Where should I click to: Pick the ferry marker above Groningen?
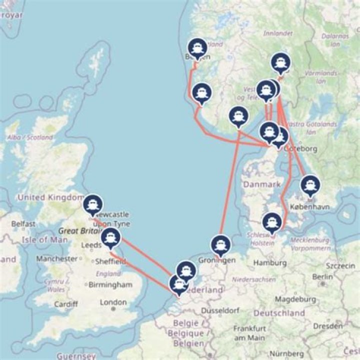click(x=220, y=244)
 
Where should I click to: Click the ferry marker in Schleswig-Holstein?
click(x=271, y=221)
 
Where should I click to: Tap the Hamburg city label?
click(x=269, y=262)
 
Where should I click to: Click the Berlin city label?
click(x=322, y=276)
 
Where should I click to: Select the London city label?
click(x=113, y=302)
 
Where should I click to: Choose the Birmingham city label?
click(x=110, y=284)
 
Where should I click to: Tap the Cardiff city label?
click(x=66, y=304)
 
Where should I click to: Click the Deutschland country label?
click(x=279, y=313)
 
